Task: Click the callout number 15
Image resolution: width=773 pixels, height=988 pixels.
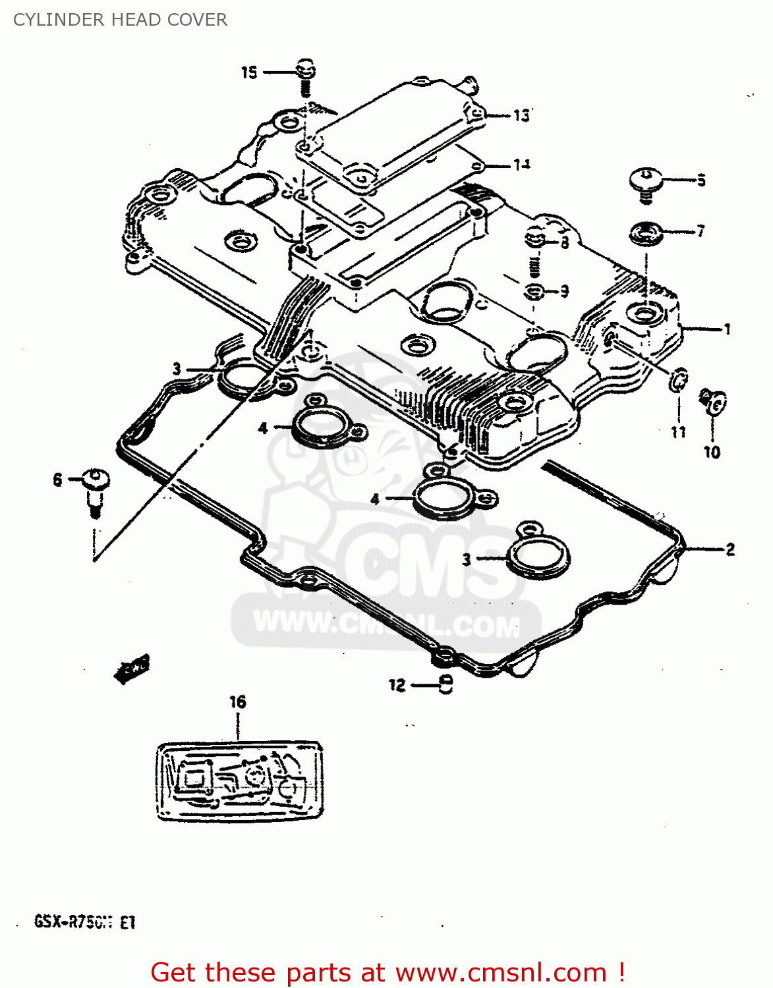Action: tap(248, 72)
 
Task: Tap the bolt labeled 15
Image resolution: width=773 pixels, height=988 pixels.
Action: tap(305, 76)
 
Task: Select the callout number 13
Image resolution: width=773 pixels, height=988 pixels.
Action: tap(521, 115)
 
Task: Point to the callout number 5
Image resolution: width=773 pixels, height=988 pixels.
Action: tap(701, 180)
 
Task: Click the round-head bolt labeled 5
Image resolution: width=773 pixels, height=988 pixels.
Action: tap(645, 181)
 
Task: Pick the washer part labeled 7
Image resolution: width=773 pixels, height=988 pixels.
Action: tap(646, 233)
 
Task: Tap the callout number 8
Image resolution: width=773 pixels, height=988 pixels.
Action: tap(565, 243)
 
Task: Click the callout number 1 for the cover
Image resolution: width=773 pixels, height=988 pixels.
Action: tap(727, 329)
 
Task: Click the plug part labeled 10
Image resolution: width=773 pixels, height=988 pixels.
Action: tap(713, 402)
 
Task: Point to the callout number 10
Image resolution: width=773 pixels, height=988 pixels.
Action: tap(712, 452)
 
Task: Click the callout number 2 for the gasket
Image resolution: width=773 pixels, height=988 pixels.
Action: tap(730, 549)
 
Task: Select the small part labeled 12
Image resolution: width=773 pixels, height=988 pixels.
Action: tap(446, 685)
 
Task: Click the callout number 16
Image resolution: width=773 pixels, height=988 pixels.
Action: tap(237, 702)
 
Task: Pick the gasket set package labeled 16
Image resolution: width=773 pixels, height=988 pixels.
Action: tap(239, 782)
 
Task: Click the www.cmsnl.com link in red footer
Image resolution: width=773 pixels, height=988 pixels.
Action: tap(501, 972)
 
